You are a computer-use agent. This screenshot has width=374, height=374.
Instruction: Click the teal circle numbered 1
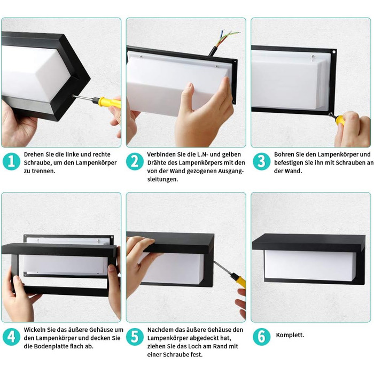(11, 161)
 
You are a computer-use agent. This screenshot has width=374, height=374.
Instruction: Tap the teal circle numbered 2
(135, 161)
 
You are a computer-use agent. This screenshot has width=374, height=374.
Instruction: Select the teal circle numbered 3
(261, 161)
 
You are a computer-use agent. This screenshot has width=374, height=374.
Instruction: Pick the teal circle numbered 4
(11, 337)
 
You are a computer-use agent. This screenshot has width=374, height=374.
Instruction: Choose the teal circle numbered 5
(135, 337)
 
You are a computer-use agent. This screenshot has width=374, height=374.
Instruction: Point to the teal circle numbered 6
(261, 337)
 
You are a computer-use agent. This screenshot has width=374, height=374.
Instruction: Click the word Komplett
(290, 335)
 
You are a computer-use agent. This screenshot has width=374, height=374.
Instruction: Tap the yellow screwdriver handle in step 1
(109, 103)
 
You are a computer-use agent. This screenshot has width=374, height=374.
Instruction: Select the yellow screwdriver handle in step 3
(340, 120)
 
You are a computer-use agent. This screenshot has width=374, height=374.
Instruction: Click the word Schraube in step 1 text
(37, 163)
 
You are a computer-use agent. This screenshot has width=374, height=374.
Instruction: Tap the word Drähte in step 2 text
(157, 163)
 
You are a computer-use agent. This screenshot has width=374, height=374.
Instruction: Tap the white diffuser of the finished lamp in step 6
(310, 266)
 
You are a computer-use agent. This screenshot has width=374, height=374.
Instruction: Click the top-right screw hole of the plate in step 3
(334, 52)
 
